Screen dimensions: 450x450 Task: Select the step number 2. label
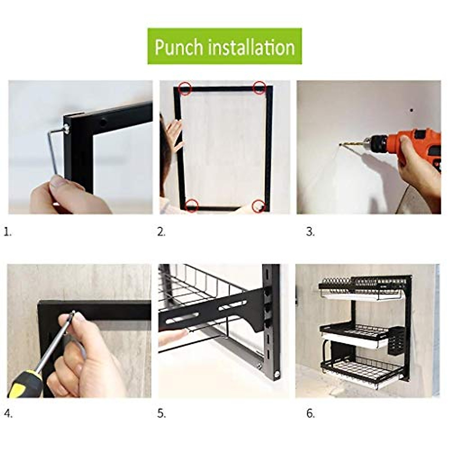[x=161, y=232]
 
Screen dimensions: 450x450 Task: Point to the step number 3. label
[x=310, y=232]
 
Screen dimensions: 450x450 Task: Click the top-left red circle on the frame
[x=185, y=88]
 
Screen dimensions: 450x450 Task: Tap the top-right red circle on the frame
[x=260, y=88]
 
